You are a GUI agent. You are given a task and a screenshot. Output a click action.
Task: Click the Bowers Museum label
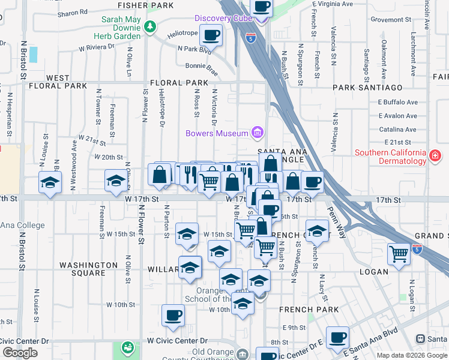point(217,133)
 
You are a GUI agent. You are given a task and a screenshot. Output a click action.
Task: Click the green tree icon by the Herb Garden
point(149,26)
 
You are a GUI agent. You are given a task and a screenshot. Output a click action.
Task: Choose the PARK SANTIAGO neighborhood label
point(368,88)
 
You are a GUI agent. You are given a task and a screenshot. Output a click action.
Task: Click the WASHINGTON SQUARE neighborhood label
point(88,269)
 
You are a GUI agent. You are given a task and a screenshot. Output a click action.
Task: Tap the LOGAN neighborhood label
point(374,272)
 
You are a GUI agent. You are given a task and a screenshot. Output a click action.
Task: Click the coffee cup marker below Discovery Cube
point(211,35)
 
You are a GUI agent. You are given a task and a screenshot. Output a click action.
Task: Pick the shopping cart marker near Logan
point(399,254)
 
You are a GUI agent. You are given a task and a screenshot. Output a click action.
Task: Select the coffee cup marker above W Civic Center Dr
point(173,315)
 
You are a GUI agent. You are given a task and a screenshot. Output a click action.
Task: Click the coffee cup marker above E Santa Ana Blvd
point(337,337)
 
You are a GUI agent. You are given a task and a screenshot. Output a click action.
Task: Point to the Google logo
point(20,353)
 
